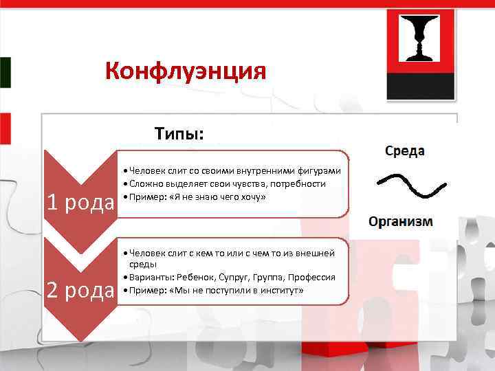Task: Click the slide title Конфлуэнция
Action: [186, 71]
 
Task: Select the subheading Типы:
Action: [179, 133]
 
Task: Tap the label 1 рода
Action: [80, 203]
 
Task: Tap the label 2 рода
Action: [80, 291]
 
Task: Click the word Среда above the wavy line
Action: [404, 150]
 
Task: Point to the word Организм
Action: [401, 221]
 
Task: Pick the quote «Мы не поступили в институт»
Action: [234, 291]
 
